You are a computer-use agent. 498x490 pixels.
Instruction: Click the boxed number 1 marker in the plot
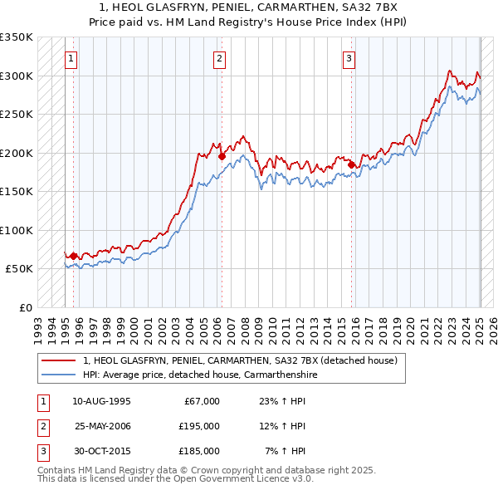pos(72,58)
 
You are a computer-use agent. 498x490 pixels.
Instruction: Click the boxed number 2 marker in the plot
pos(219,58)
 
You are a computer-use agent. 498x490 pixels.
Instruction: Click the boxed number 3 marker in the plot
pos(349,58)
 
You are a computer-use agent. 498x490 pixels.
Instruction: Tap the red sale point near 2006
pos(222,156)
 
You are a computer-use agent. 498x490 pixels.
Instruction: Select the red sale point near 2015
pos(351,164)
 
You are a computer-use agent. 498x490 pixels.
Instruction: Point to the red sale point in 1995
pos(74,256)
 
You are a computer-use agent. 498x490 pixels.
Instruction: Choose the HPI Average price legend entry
pos(200,375)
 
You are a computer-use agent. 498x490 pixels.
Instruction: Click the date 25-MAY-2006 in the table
pos(103,426)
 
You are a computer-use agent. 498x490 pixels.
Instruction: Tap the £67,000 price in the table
pos(199,401)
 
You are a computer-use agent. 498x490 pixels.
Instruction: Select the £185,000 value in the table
pos(199,451)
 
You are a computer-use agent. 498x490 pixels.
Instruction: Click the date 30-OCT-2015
pos(103,451)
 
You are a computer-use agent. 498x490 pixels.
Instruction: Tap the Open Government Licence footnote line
pos(175,479)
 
